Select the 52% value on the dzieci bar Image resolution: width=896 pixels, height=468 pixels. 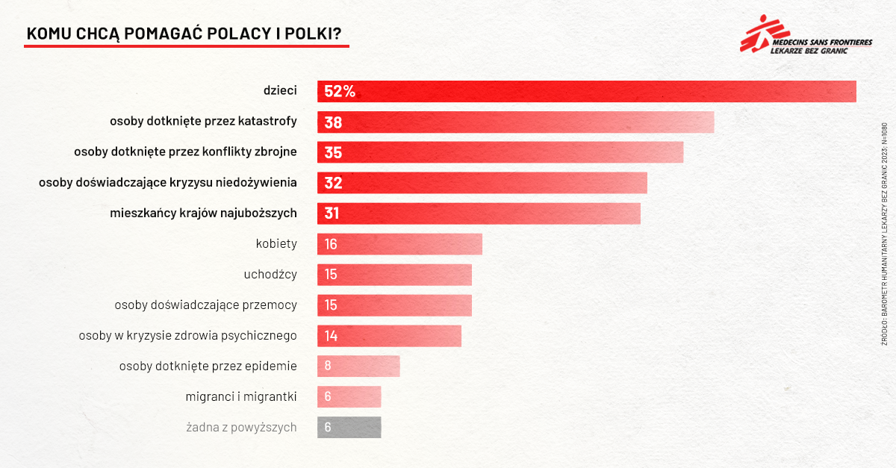pos(340,92)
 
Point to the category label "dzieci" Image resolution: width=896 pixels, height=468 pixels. pos(280,91)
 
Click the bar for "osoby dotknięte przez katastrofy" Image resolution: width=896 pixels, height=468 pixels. pos(515,122)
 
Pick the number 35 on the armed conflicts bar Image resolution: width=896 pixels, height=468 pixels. pos(333,153)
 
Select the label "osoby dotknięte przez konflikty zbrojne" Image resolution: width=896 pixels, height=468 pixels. pos(185,152)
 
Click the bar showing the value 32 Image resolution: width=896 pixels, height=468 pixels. pos(482,183)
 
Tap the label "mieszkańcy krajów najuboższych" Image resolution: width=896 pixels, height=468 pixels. pos(203,213)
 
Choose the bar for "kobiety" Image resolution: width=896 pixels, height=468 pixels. pos(399,244)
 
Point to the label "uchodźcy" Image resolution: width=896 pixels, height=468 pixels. pos(270,275)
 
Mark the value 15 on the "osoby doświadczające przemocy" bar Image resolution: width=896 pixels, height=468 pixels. pos(332,305)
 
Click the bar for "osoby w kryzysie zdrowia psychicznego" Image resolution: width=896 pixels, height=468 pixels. pos(389,336)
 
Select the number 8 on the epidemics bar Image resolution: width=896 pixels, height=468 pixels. pos(328,366)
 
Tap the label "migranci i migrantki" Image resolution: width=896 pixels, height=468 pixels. pos(241,397)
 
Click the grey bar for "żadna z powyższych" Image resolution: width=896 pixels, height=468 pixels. pos(349,428)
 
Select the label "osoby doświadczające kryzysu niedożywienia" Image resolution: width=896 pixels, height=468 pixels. pos(168,183)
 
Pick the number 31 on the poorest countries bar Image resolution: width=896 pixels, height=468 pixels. pos(332,213)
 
